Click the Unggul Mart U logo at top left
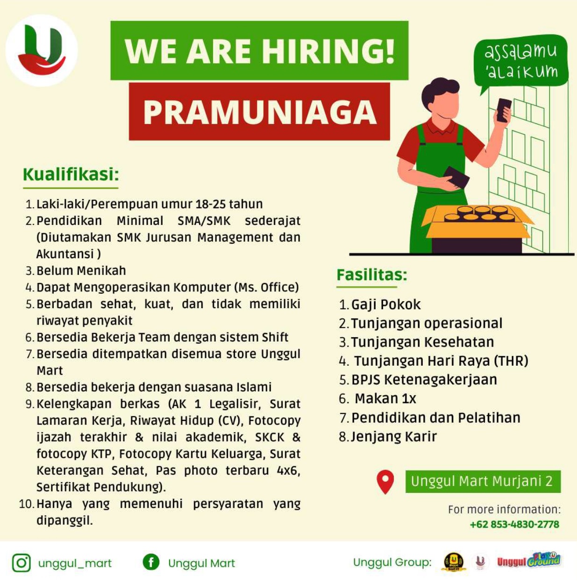pyautogui.click(x=42, y=50)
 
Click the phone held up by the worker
pyautogui.click(x=504, y=110)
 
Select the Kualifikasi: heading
pyautogui.click(x=71, y=174)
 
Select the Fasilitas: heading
pyautogui.click(x=371, y=275)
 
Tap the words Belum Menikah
pyautogui.click(x=81, y=270)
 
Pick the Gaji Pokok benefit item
pyautogui.click(x=386, y=304)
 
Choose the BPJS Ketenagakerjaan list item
pyautogui.click(x=424, y=379)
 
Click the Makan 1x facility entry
pyautogui.click(x=385, y=398)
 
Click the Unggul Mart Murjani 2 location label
pyautogui.click(x=483, y=481)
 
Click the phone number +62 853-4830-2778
pyautogui.click(x=514, y=524)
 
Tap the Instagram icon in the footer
pyautogui.click(x=21, y=563)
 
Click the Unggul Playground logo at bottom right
pyautogui.click(x=529, y=561)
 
